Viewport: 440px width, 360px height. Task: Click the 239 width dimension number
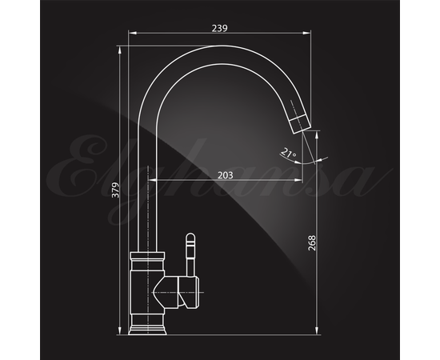pyautogui.click(x=219, y=28)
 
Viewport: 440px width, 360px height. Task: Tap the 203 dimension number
pyautogui.click(x=226, y=175)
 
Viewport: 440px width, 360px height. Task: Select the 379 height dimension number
pyautogui.click(x=115, y=190)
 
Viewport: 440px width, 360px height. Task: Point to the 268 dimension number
pyautogui.click(x=312, y=243)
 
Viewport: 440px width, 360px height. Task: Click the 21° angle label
pyautogui.click(x=289, y=153)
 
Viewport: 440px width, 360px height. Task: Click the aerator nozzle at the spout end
pyautogui.click(x=300, y=124)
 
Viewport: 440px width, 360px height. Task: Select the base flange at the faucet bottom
pyautogui.click(x=147, y=330)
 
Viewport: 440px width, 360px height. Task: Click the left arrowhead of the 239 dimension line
pyautogui.click(x=132, y=33)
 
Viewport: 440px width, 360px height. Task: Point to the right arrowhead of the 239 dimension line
pyautogui.click(x=306, y=33)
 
